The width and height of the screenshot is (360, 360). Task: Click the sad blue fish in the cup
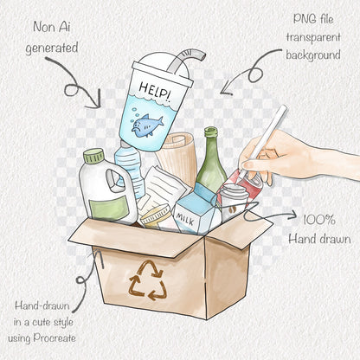[147, 124]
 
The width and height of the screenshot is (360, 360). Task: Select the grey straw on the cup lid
[185, 60]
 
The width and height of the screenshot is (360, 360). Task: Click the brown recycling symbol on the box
[148, 280]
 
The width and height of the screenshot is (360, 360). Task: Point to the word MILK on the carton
[185, 219]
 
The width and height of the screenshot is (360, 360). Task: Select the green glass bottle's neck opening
[211, 132]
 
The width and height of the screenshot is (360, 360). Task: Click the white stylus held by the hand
[263, 141]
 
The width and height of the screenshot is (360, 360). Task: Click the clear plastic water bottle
[130, 167]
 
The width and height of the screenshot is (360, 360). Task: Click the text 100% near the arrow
[319, 220]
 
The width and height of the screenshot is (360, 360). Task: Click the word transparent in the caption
[313, 37]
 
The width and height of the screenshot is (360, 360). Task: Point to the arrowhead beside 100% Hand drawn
[292, 215]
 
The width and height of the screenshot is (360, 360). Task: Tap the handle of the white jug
[114, 180]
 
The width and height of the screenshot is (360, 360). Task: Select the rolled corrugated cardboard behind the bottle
[177, 157]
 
